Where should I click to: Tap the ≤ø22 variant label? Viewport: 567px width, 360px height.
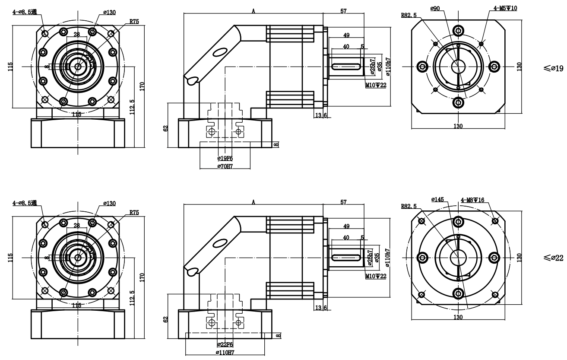click(x=554, y=258)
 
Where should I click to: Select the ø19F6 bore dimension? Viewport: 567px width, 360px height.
click(x=225, y=158)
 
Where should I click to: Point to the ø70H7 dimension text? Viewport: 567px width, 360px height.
click(x=225, y=167)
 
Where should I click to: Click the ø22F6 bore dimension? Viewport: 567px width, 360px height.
click(x=225, y=344)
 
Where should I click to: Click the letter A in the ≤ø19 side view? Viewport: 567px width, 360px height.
click(x=253, y=11)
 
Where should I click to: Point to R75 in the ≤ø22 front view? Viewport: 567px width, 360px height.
click(x=134, y=213)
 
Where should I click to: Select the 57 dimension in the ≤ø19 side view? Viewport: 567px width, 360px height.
click(x=344, y=11)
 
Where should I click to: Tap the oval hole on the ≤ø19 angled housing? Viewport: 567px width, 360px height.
click(x=219, y=52)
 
